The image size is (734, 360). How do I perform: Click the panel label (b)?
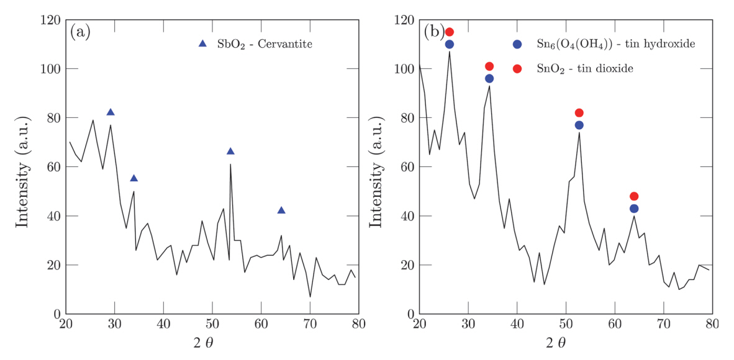[433, 32]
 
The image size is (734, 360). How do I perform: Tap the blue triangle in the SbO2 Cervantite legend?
[202, 43]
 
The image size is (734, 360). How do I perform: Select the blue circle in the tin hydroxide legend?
[517, 44]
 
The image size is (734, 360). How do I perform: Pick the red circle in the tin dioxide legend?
[517, 68]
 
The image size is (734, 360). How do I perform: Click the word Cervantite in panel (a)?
[287, 44]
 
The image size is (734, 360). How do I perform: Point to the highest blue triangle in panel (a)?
[111, 112]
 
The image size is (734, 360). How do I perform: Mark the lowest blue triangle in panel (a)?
[281, 210]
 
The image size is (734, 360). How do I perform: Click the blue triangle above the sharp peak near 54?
[230, 151]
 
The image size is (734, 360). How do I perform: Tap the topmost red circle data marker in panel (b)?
[450, 32]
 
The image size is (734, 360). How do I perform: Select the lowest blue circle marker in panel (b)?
[634, 209]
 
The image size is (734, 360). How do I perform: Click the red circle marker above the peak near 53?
[579, 113]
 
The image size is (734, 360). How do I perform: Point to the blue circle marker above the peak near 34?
[489, 79]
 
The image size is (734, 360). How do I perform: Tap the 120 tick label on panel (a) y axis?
[49, 20]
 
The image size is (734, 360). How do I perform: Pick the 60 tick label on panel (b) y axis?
[404, 168]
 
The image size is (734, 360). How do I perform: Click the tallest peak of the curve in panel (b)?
[449, 52]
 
